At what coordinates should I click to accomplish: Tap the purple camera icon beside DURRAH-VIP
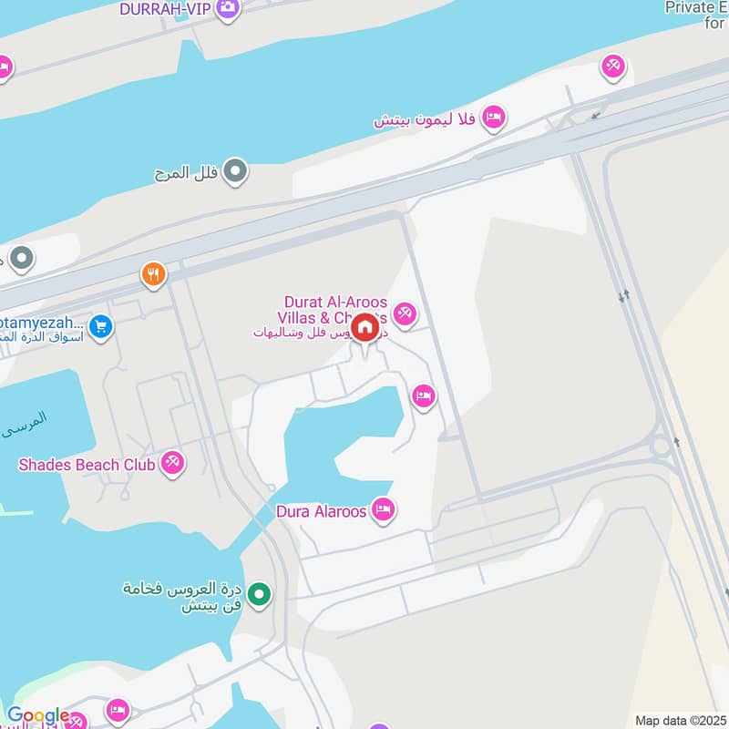(x=229, y=9)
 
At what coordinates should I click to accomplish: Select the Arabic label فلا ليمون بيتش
(x=426, y=118)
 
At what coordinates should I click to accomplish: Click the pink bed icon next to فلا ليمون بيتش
(x=493, y=117)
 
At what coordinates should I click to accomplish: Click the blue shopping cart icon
(x=101, y=325)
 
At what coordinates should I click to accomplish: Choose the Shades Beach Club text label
(x=82, y=465)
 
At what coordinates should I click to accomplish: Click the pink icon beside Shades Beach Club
(x=171, y=464)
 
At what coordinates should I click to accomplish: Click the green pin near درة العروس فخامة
(x=261, y=596)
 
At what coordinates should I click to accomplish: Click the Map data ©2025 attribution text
(x=679, y=720)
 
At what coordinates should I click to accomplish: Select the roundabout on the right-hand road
(x=662, y=447)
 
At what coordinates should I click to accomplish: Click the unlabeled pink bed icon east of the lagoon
(x=422, y=396)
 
